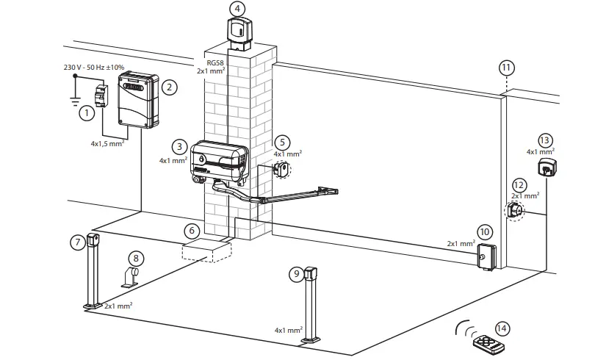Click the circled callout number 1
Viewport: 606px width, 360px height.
coord(87,114)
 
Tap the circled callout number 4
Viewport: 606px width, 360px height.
coord(237,8)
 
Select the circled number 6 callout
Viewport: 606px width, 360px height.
coord(191,230)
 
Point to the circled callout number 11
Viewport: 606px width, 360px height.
coord(507,68)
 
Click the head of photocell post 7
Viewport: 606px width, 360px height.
coord(93,240)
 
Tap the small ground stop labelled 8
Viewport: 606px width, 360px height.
coord(132,279)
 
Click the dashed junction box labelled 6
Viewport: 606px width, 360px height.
coord(206,250)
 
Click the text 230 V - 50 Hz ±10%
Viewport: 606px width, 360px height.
coord(93,68)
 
